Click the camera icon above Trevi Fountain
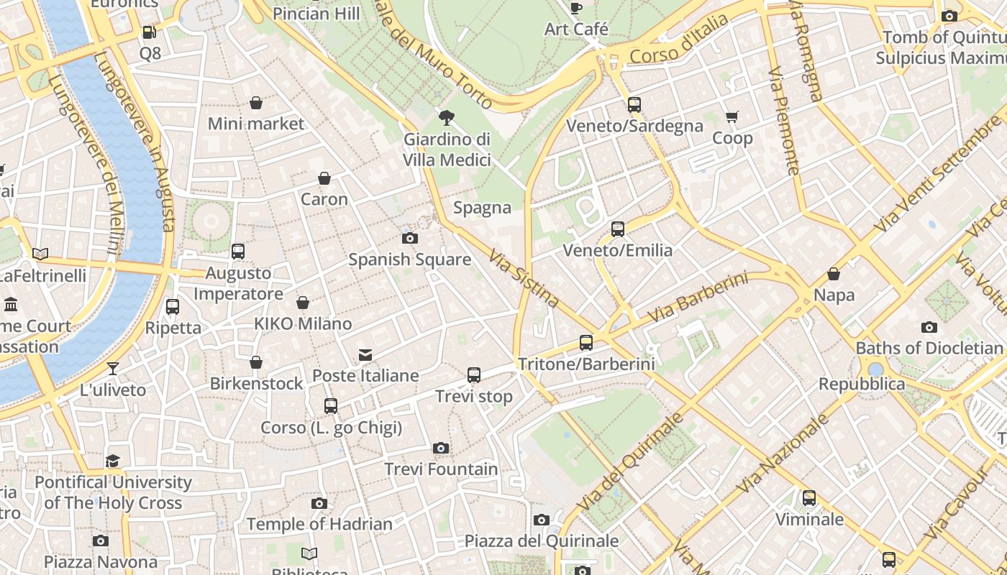click(x=441, y=448)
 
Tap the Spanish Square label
click(x=409, y=259)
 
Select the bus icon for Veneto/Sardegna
click(x=634, y=105)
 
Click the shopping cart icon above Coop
click(x=732, y=117)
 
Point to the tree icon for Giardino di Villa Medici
click(x=447, y=118)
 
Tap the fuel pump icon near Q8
click(x=149, y=32)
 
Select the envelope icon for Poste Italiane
click(x=365, y=354)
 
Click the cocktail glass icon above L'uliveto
click(x=113, y=369)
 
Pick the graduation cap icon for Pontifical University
click(x=113, y=461)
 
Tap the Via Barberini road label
click(x=698, y=298)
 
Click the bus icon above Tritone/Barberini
click(x=586, y=343)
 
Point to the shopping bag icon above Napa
click(x=834, y=274)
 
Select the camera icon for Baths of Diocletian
click(x=929, y=328)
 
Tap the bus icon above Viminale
click(x=809, y=498)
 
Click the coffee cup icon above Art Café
click(x=576, y=9)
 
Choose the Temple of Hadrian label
click(x=319, y=524)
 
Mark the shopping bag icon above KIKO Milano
click(x=303, y=303)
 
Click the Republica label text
click(x=862, y=384)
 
